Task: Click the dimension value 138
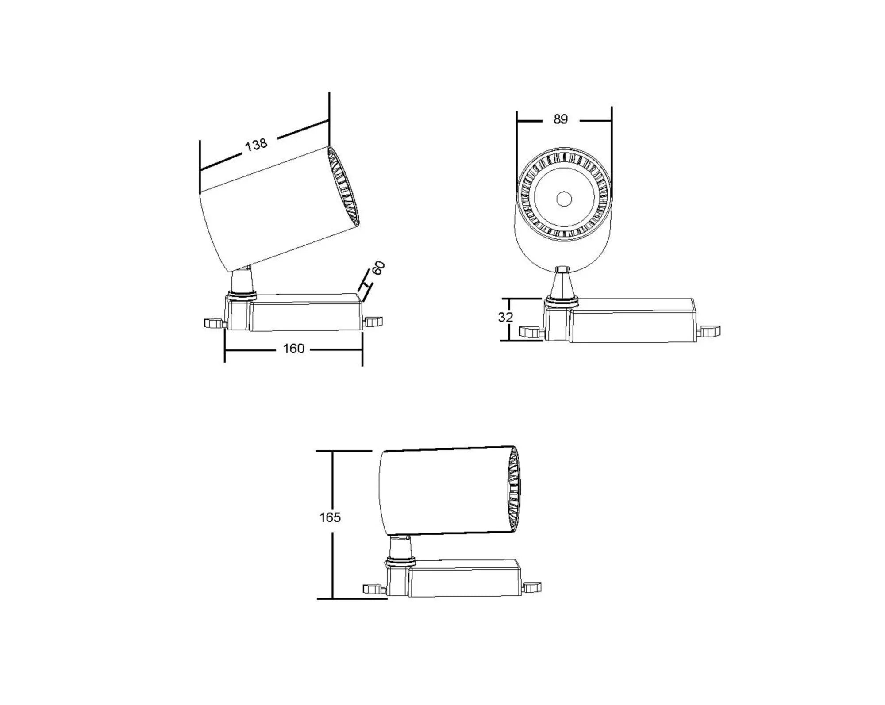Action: [x=256, y=144]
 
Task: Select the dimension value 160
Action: [x=293, y=349]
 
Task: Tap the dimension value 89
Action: [x=560, y=119]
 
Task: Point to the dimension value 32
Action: [x=505, y=317]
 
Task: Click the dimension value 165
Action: [x=330, y=517]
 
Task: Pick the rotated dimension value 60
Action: [x=379, y=268]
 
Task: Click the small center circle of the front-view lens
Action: [x=564, y=199]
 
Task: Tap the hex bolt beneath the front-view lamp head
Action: [x=562, y=269]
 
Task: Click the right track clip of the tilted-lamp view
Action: [x=373, y=321]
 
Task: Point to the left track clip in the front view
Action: [x=530, y=331]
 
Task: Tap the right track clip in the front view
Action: [x=709, y=331]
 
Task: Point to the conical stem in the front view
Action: [x=562, y=285]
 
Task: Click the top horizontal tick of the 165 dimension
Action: [x=343, y=451]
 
